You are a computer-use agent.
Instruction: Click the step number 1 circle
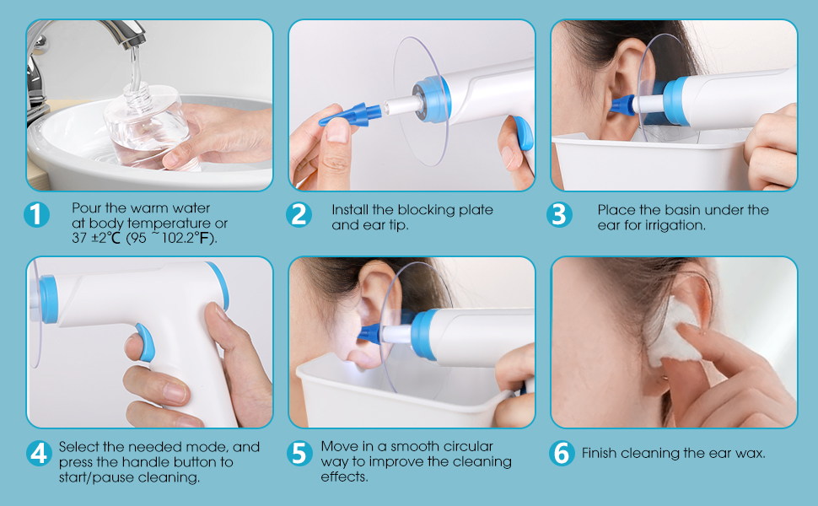pyautogui.click(x=36, y=215)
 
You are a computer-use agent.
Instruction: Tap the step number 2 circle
pyautogui.click(x=299, y=215)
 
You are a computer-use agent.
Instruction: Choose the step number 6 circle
pyautogui.click(x=562, y=454)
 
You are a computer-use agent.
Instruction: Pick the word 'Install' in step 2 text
pyautogui.click(x=349, y=209)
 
